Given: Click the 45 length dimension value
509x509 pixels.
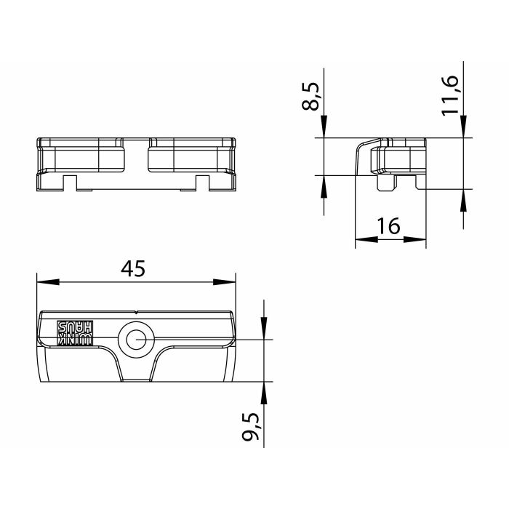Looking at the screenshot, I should click(133, 268).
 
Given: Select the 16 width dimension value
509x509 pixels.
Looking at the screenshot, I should click(390, 226).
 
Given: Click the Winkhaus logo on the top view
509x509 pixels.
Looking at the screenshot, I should click(76, 333).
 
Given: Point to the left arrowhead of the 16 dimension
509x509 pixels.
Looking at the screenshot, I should click(360, 239).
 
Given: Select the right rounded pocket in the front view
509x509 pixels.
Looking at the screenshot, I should click(191, 159).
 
